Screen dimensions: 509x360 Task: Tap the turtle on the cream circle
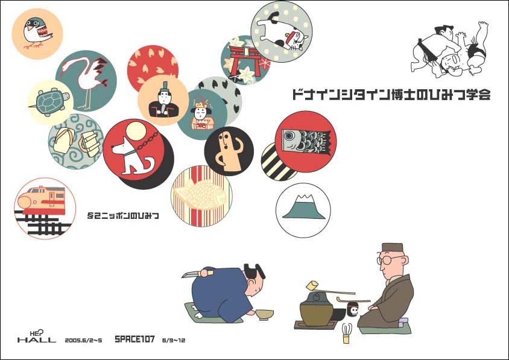coord(50,101)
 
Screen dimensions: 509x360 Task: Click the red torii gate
coord(245,60)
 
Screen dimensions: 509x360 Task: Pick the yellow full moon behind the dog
coord(136,133)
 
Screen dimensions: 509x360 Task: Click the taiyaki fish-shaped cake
coord(201,194)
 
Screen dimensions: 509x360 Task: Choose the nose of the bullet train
coord(24,201)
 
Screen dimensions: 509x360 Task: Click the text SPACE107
coord(134,339)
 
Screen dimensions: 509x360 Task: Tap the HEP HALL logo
coord(36,336)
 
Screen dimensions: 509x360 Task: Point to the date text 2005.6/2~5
coord(83,340)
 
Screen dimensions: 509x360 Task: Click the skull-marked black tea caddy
coord(353,309)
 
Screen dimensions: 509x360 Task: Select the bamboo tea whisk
coord(347,333)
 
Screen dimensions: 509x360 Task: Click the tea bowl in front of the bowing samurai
coord(264,315)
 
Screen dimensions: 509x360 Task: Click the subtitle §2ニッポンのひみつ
coord(123,215)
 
